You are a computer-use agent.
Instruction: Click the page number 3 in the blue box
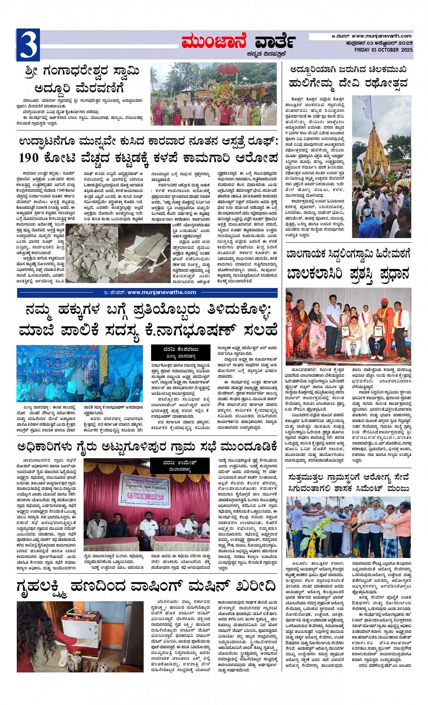[28, 45]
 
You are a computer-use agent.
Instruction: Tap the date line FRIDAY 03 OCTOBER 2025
[383, 50]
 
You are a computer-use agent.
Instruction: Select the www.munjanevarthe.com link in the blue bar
[162, 292]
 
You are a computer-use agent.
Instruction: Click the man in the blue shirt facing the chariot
[368, 221]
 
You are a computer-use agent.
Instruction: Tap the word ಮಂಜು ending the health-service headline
[397, 488]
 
